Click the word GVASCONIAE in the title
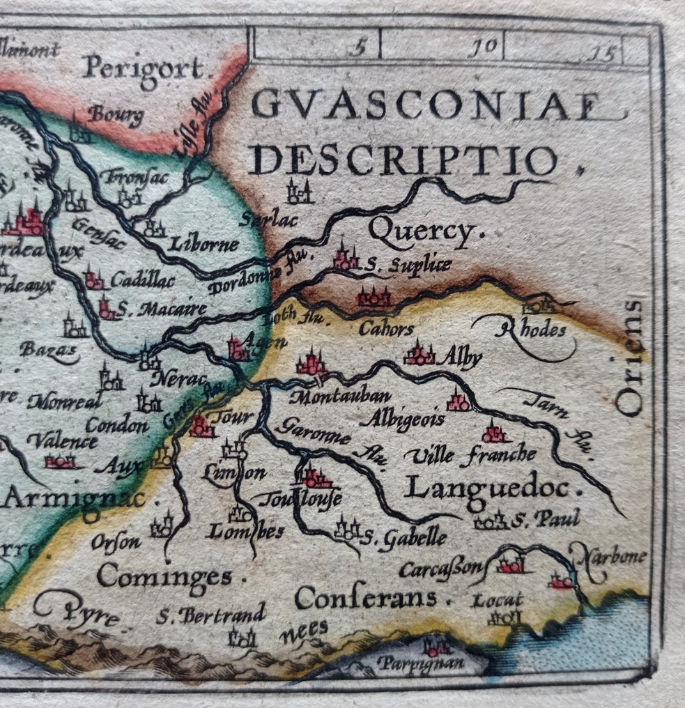click(x=426, y=106)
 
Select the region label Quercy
click(x=422, y=231)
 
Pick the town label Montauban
click(x=339, y=397)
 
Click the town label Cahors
click(x=386, y=328)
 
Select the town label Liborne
click(x=203, y=245)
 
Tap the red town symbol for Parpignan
click(x=436, y=647)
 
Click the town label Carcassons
click(x=442, y=570)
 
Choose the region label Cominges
click(x=164, y=576)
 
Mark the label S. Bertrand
click(x=210, y=615)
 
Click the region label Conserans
click(x=367, y=597)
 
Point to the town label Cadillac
click(x=142, y=281)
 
